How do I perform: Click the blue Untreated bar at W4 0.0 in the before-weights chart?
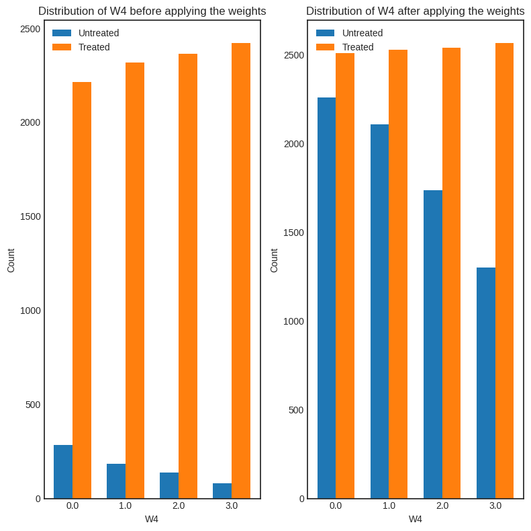(63, 472)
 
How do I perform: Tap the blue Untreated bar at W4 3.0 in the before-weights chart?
(222, 491)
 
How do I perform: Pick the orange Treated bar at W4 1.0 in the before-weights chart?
(135, 280)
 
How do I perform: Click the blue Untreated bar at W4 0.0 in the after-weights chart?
(326, 298)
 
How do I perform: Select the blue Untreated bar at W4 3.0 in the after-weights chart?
(486, 383)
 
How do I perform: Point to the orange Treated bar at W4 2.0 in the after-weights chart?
(452, 273)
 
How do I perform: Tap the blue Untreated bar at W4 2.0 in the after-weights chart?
(433, 344)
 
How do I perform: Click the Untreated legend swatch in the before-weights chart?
(62, 33)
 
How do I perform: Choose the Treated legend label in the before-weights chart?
(94, 47)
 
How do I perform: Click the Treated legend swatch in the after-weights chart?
(326, 47)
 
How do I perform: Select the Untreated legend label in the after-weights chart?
(363, 33)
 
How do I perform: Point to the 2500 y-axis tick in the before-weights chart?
(30, 29)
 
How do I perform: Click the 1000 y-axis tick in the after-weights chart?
(293, 321)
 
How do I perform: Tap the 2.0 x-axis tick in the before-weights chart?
(179, 505)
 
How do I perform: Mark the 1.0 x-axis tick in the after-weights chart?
(389, 505)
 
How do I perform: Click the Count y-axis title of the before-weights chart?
(11, 260)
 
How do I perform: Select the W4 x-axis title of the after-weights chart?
(416, 519)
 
